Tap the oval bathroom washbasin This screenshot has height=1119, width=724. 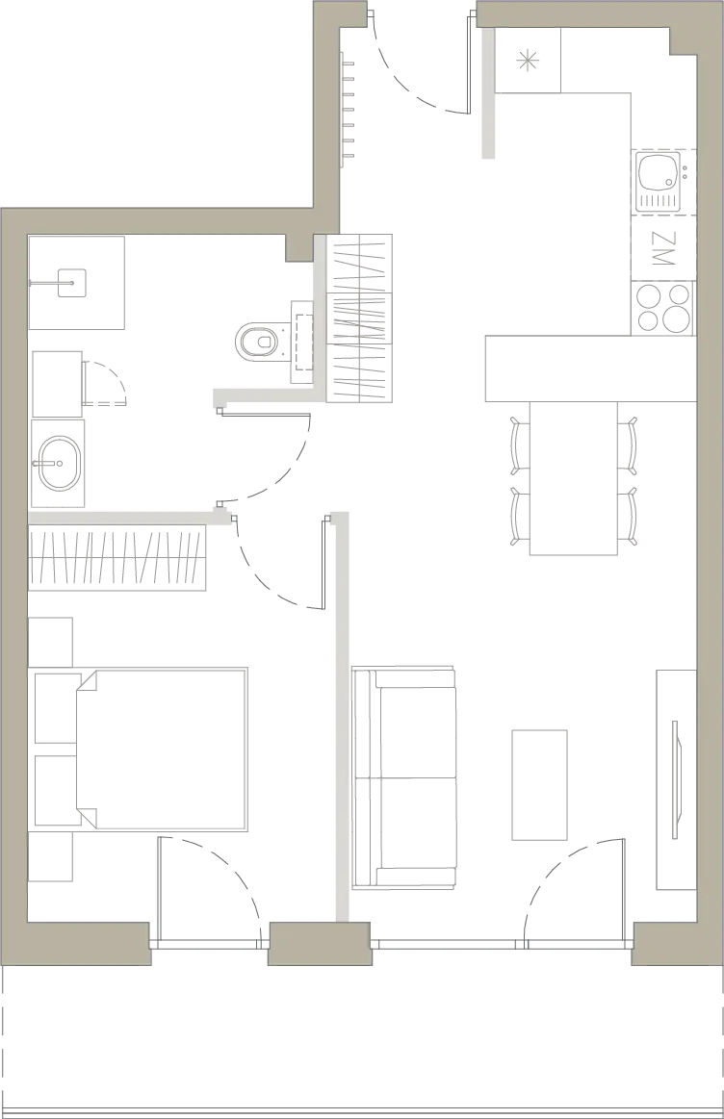coord(57,463)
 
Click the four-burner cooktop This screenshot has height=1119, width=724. coord(663,308)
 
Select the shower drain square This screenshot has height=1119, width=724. coord(71,283)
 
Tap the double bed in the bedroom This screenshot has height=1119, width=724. coord(162,749)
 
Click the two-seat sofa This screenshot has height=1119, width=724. coord(404,777)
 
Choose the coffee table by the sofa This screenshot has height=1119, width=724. coord(539,784)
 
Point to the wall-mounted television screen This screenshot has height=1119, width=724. coord(676,780)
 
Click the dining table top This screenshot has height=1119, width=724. coord(574,477)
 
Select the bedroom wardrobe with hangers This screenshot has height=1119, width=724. coord(117,557)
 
